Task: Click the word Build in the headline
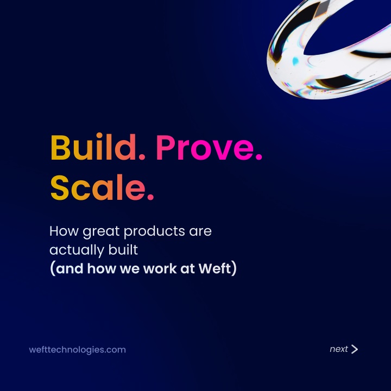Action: [93, 147]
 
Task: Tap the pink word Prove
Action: [205, 147]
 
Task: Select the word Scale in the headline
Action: [98, 187]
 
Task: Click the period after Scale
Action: [150, 197]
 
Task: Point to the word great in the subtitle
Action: [101, 232]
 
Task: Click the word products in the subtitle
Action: [154, 231]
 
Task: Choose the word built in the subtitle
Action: [123, 249]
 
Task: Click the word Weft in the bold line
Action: [215, 268]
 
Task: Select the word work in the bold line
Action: [160, 268]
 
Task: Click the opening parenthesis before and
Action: [53, 268]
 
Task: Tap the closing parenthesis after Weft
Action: [234, 268]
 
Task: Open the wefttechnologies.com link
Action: [77, 350]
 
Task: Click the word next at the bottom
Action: [339, 349]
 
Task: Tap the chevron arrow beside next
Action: [354, 349]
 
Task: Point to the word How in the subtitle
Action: [64, 231]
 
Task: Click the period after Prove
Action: [259, 156]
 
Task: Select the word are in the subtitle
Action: [200, 232]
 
